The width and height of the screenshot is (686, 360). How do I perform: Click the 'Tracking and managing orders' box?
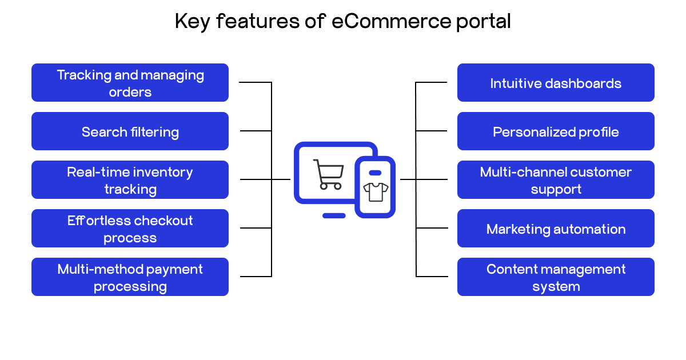[x=130, y=83]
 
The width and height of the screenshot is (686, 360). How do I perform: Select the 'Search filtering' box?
[x=130, y=131]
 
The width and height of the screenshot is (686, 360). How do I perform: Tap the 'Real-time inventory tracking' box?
[x=130, y=180]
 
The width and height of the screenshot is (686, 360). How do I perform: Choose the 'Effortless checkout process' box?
[x=130, y=229]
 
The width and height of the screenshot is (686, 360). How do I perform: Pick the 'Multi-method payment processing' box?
[x=130, y=277]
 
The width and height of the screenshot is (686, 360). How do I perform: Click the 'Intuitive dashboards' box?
[x=556, y=83]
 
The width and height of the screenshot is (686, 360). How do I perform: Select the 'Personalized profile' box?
[x=556, y=131]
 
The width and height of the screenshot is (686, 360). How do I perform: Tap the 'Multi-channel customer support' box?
[x=556, y=180]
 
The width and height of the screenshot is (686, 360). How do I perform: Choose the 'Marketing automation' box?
[x=556, y=229]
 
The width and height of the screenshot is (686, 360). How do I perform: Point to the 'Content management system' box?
[x=556, y=277]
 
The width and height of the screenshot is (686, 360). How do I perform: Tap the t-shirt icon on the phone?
[x=376, y=192]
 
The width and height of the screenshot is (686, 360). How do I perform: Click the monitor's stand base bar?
[x=334, y=215]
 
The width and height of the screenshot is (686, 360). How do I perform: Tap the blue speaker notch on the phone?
[x=375, y=173]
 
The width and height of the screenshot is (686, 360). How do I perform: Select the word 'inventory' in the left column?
[x=162, y=172]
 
